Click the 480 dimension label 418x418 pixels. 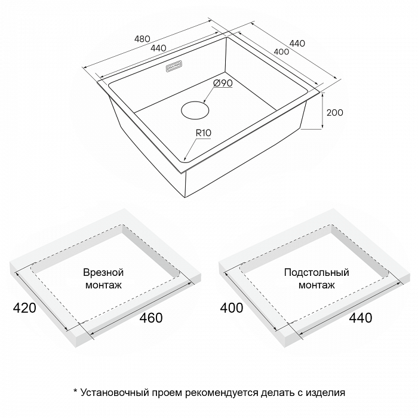pyautogui.click(x=142, y=39)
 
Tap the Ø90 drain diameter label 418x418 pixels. pyautogui.click(x=223, y=83)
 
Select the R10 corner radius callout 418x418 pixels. pyautogui.click(x=204, y=133)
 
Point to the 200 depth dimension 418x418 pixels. pyautogui.click(x=335, y=112)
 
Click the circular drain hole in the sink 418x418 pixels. pyautogui.click(x=195, y=110)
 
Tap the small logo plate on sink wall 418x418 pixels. pyautogui.click(x=174, y=66)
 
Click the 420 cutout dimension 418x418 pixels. pyautogui.click(x=24, y=308)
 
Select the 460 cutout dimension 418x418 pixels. pyautogui.click(x=151, y=318)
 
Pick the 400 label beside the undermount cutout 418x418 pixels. pyautogui.click(x=232, y=308)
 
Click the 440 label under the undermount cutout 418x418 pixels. pyautogui.click(x=361, y=318)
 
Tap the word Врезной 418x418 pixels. pyautogui.click(x=103, y=272)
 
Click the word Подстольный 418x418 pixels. pyautogui.click(x=316, y=273)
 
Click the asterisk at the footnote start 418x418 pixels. pyautogui.click(x=75, y=391)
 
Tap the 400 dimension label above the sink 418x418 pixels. pyautogui.click(x=281, y=51)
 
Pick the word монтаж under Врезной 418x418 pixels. pyautogui.click(x=103, y=285)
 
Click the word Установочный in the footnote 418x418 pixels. pyautogui.click(x=115, y=393)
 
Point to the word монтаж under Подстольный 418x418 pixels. pyautogui.click(x=316, y=285)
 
